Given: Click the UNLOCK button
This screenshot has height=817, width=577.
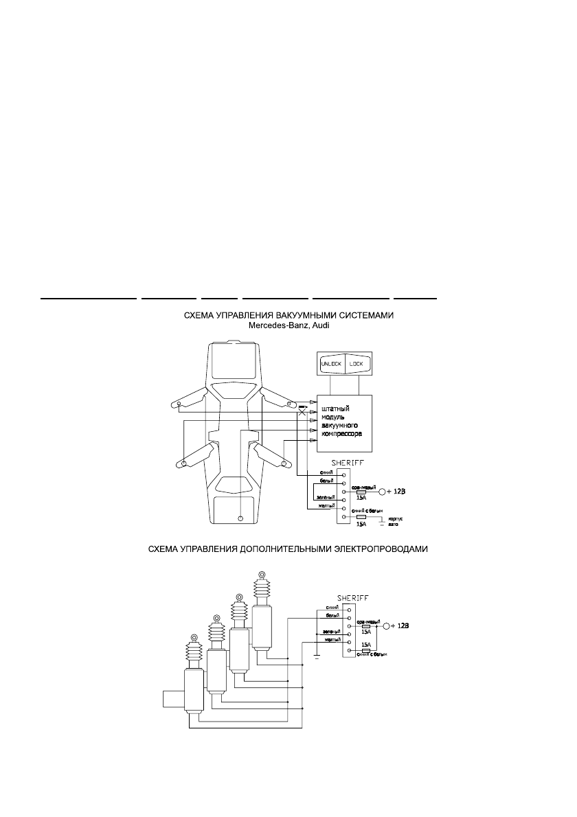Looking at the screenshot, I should point(331,364).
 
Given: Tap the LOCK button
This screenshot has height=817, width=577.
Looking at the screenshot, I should point(357,364).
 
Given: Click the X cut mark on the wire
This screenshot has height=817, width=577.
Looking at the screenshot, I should point(302,413).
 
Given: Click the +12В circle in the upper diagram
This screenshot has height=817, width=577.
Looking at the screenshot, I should point(383,492).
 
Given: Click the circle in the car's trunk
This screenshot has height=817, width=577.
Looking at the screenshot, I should point(240,518).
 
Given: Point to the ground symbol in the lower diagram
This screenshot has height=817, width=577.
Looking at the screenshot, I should point(316,656).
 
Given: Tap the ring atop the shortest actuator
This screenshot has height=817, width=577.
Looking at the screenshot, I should point(194,636).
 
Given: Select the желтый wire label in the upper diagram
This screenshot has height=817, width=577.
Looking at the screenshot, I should point(325,506).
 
